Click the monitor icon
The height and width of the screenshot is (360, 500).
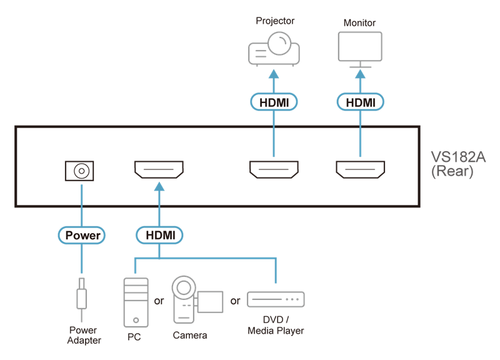coord(360,49)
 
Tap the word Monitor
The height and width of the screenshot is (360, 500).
coord(361,22)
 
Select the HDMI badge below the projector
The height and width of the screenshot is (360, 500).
coord(273,101)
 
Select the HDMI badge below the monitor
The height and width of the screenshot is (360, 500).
coord(360,101)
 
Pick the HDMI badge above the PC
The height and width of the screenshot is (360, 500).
coord(159,235)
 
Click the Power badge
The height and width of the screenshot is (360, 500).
coord(82,235)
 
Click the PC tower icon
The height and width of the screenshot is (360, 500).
coord(136,301)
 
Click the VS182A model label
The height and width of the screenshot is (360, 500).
coord(452,163)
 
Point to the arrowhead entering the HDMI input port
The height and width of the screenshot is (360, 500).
coord(159,186)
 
